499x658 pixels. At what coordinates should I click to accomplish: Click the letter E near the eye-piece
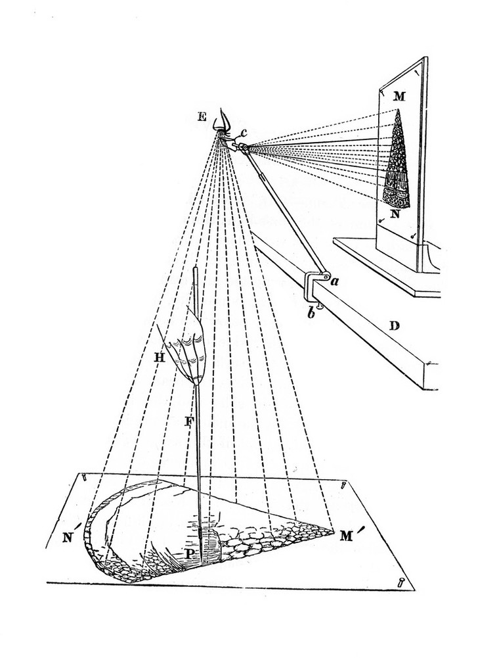pyautogui.click(x=202, y=115)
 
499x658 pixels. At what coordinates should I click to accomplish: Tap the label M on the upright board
pyautogui.click(x=400, y=97)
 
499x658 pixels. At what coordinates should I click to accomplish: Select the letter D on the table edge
pyautogui.click(x=395, y=325)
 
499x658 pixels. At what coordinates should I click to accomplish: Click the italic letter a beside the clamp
pyautogui.click(x=334, y=281)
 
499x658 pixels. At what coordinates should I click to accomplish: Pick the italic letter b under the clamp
pyautogui.click(x=311, y=314)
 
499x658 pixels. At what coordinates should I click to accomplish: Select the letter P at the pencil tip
pyautogui.click(x=190, y=553)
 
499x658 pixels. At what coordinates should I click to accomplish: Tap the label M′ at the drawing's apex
pyautogui.click(x=348, y=534)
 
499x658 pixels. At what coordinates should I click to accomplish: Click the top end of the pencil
pyautogui.click(x=195, y=268)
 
